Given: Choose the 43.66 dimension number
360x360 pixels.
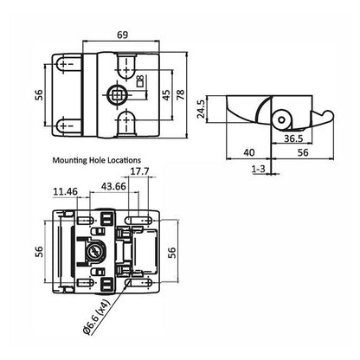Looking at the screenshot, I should tap(112, 185).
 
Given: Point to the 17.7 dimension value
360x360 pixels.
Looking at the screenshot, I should tap(138, 170).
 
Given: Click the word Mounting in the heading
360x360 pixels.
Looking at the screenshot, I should tap(72, 159).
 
